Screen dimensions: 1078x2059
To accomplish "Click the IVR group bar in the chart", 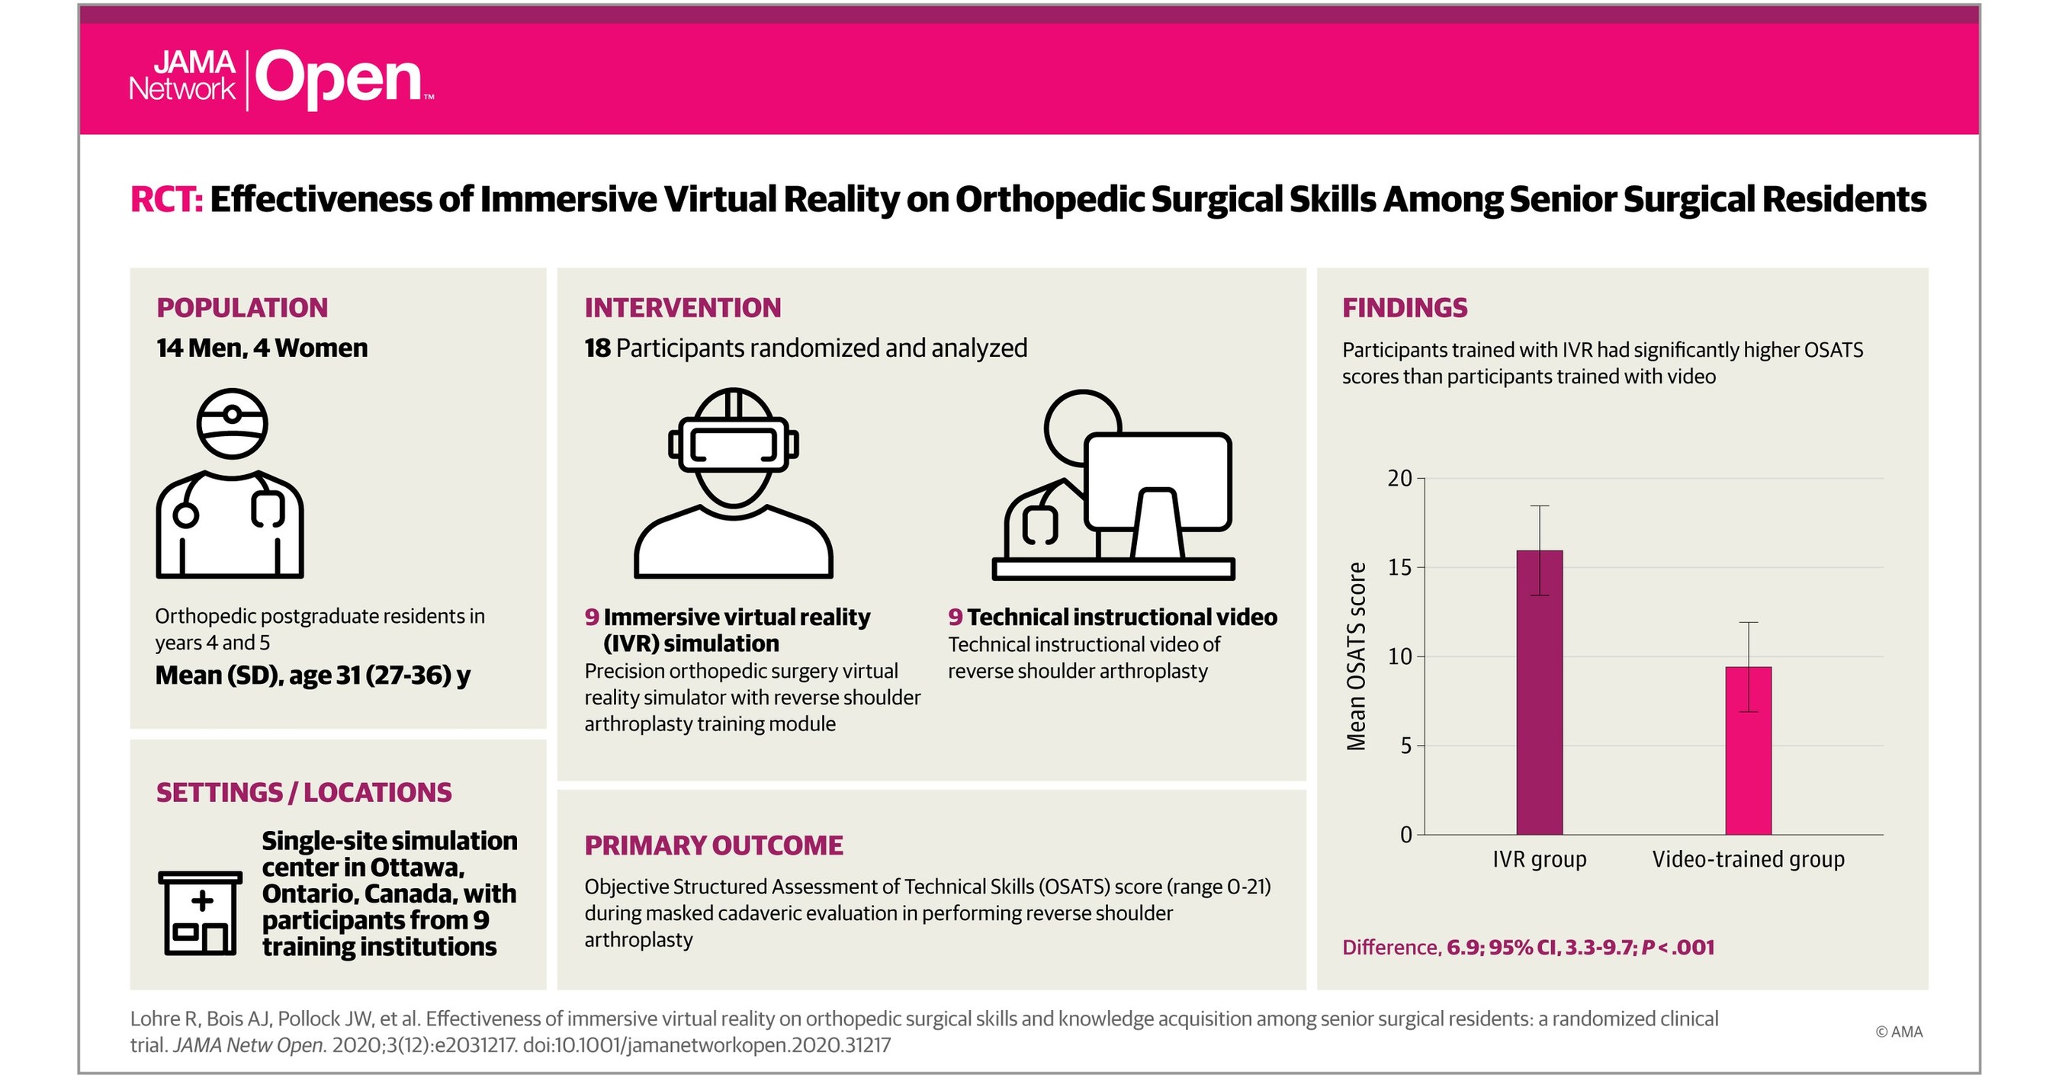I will (x=1539, y=692).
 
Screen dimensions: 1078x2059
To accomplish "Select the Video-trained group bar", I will (x=1748, y=750).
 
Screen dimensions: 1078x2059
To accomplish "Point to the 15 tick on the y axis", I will (x=1399, y=568).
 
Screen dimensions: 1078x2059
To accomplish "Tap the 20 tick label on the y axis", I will (x=1399, y=479).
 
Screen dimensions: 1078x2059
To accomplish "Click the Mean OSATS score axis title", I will (x=1357, y=657).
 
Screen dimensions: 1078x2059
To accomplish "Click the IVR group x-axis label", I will (x=1539, y=860).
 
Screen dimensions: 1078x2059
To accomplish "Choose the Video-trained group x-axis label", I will (x=1748, y=860).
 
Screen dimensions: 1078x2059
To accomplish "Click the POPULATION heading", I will (x=243, y=308).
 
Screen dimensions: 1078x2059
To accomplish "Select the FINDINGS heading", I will (x=1405, y=308).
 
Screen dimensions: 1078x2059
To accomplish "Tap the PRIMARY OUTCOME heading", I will (x=713, y=845).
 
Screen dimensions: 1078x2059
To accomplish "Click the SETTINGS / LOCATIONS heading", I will (x=304, y=793).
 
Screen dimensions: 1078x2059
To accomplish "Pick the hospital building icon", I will (x=200, y=913).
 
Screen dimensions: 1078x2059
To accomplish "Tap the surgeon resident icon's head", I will (x=232, y=424).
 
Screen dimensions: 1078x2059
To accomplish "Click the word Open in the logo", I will (x=339, y=80).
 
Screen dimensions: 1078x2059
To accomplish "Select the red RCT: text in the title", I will (x=166, y=200).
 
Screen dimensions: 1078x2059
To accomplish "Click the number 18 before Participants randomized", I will (x=597, y=348).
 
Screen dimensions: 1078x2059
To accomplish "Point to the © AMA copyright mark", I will (x=1898, y=1031).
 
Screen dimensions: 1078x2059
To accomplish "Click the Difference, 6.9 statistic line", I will (x=1527, y=948).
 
